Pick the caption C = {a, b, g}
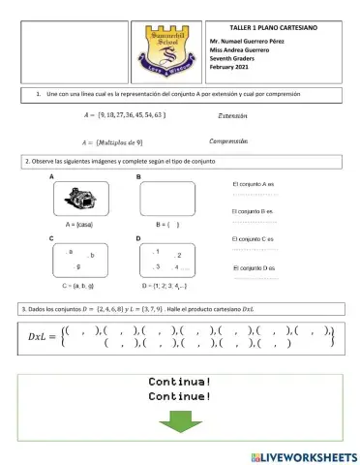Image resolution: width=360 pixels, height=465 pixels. pyautogui.click(x=77, y=288)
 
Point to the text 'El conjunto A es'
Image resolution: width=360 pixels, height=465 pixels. pyautogui.click(x=254, y=183)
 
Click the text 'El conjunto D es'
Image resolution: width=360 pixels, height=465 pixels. pyautogui.click(x=255, y=266)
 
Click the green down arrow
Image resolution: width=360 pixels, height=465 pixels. pyautogui.click(x=179, y=423)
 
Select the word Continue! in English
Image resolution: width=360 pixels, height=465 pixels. pyautogui.click(x=179, y=396)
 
